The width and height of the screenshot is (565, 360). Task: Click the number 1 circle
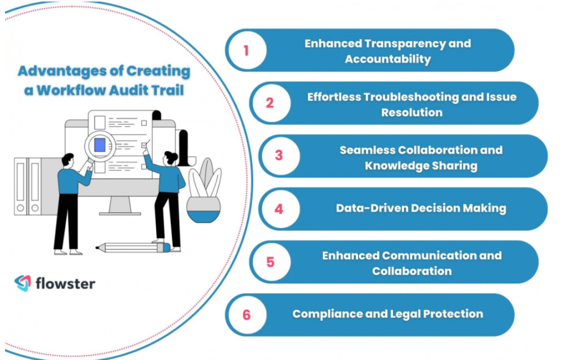click(247, 50)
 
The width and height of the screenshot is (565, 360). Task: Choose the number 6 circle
click(247, 315)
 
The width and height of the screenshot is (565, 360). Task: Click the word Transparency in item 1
click(405, 44)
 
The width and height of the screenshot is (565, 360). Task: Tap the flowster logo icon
click(23, 283)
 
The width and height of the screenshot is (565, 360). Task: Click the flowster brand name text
click(66, 283)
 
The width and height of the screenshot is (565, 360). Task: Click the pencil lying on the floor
click(133, 248)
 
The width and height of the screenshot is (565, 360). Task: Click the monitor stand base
click(120, 213)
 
